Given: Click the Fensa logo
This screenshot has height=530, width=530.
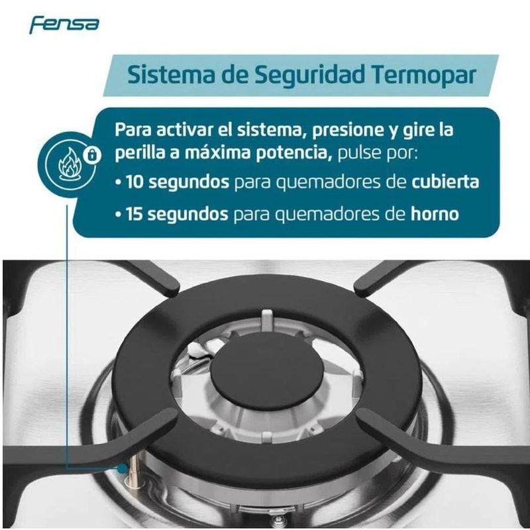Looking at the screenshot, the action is pyautogui.click(x=64, y=25).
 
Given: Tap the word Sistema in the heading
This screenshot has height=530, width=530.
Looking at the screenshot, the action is pyautogui.click(x=171, y=75).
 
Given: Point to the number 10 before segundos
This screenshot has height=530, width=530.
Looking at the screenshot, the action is pyautogui.click(x=135, y=182).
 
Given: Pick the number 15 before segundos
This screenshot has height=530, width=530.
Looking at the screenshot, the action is pyautogui.click(x=134, y=214).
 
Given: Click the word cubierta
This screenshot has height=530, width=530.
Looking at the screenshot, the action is pyautogui.click(x=445, y=182).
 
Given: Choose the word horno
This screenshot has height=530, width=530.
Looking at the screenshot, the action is pyautogui.click(x=435, y=213).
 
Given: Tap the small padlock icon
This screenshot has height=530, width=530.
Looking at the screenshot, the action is pyautogui.click(x=91, y=155).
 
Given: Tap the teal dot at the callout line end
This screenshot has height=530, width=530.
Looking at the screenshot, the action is pyautogui.click(x=123, y=468).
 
